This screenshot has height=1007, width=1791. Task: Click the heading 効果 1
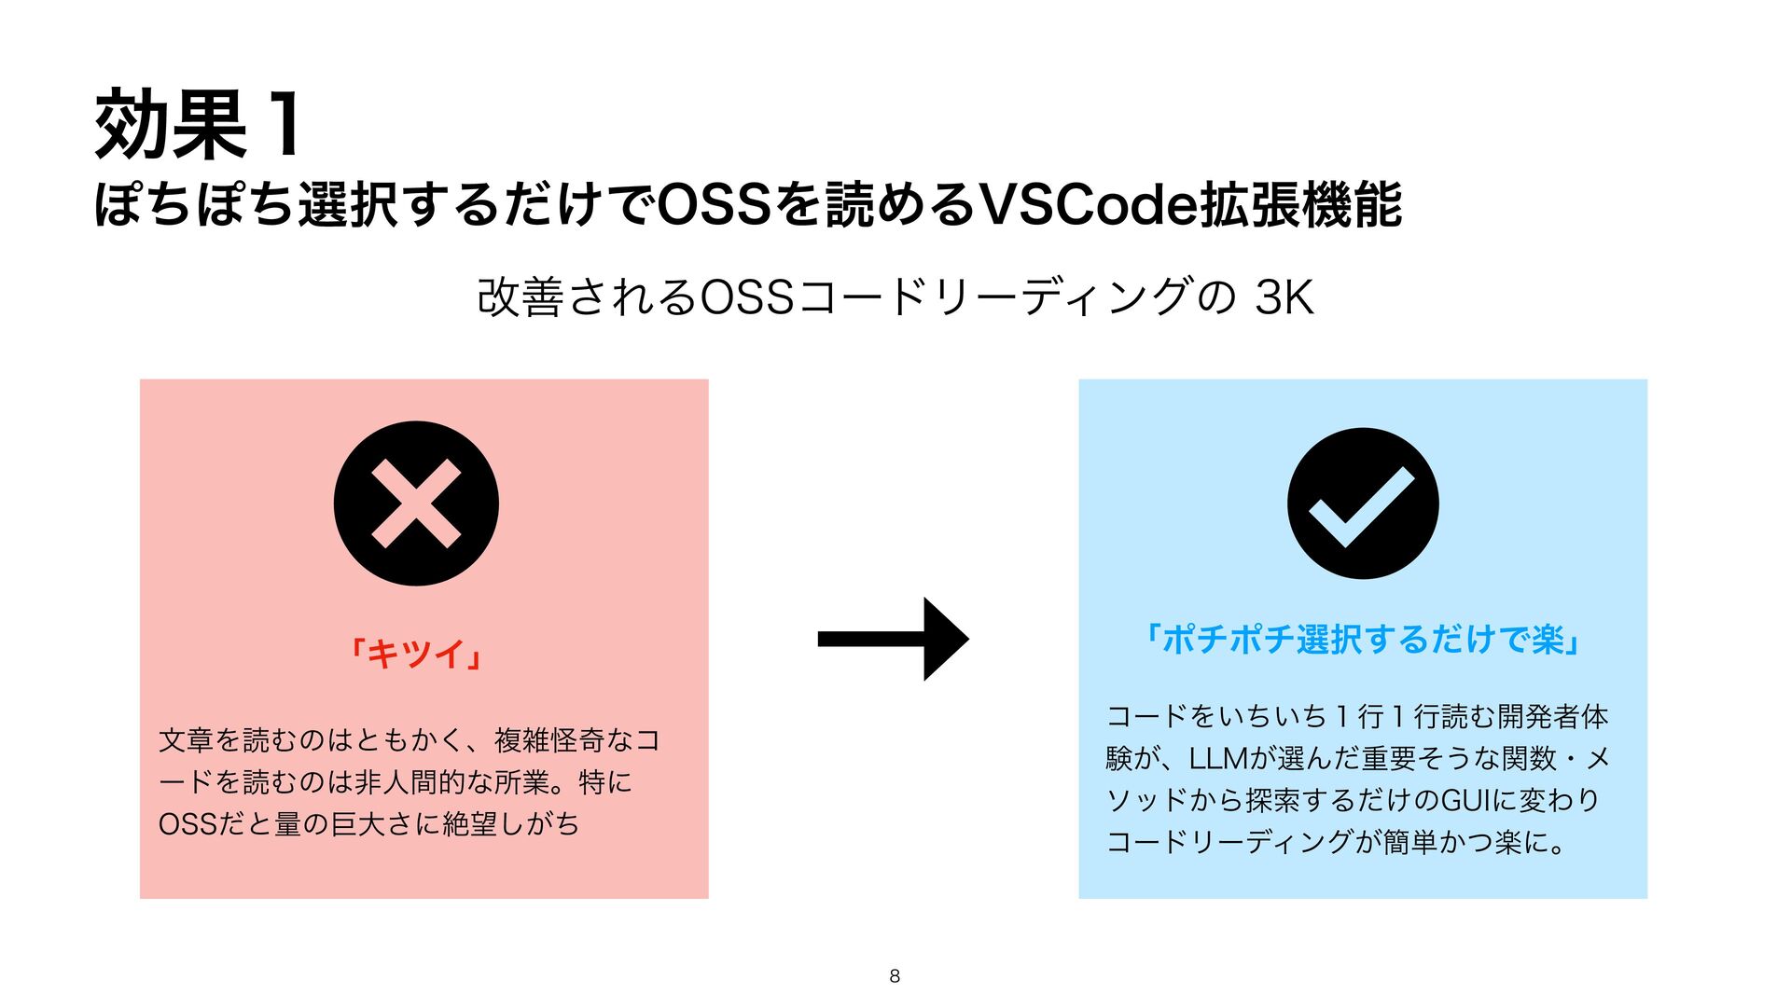[198, 125]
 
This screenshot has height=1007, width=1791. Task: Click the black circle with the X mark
[416, 504]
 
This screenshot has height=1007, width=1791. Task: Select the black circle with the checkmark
[1363, 504]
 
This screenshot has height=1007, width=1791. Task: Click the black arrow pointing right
[894, 639]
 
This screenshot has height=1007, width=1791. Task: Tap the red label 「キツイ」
[416, 653]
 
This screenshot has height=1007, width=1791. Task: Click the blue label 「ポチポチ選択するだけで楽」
[1363, 640]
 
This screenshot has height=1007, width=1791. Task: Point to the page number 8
[895, 976]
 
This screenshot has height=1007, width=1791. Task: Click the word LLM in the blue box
[1218, 759]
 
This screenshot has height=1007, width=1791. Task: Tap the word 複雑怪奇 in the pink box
[550, 741]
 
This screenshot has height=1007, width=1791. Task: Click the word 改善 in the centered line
[521, 298]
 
